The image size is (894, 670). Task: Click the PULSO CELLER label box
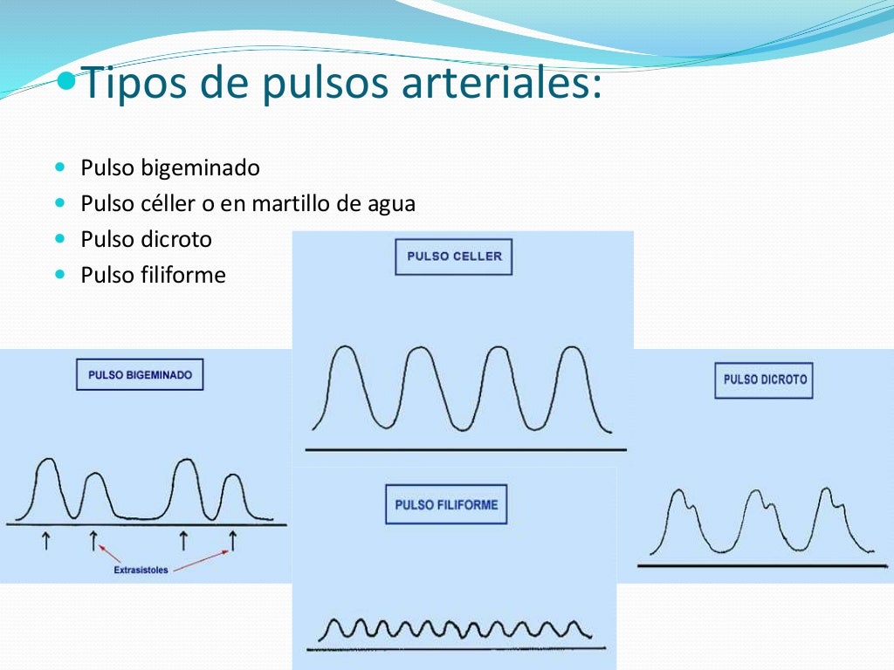pos(453,257)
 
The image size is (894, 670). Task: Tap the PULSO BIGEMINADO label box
pos(140,374)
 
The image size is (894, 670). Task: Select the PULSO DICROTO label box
pos(764,380)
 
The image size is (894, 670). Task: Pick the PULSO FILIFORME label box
pos(446,504)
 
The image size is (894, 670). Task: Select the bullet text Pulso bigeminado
pos(170,167)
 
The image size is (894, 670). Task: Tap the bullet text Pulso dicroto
pos(146,239)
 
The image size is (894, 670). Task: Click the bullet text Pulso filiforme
pos(153,276)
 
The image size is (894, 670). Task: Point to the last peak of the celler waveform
pos(571,348)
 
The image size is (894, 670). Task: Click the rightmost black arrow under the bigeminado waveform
pos(233,542)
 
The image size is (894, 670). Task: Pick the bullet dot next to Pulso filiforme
pos(59,274)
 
